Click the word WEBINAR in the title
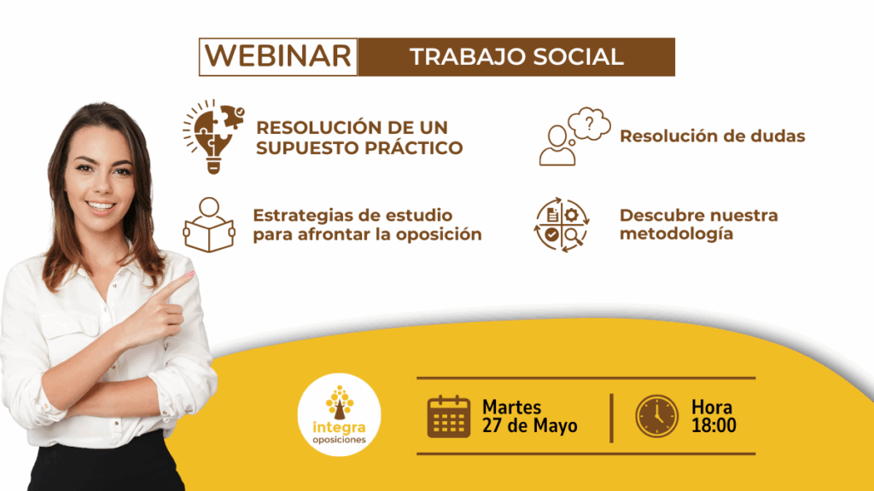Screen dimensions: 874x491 pos(278,56)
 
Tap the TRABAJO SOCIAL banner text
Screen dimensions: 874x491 pos(516,57)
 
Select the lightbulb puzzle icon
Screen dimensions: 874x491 pos(213,136)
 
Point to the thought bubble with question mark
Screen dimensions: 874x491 pos(589,124)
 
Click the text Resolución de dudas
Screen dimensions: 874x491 pos(713,136)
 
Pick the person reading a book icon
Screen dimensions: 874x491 pos(209,225)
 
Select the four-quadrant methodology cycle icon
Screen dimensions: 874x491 pos(562,225)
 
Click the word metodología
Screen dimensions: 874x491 pos(676,234)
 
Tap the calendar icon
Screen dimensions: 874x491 pos(449,416)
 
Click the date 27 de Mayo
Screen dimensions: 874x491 pos(529,426)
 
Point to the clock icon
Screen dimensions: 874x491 pos(657,416)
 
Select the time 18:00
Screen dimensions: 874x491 pos(714,426)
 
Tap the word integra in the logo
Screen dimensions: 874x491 pos(339,428)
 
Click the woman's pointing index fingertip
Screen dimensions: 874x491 pos(190,274)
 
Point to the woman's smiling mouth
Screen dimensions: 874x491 pos(101,206)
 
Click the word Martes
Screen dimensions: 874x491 pos(512,407)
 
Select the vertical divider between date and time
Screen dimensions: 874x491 pos(611,418)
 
